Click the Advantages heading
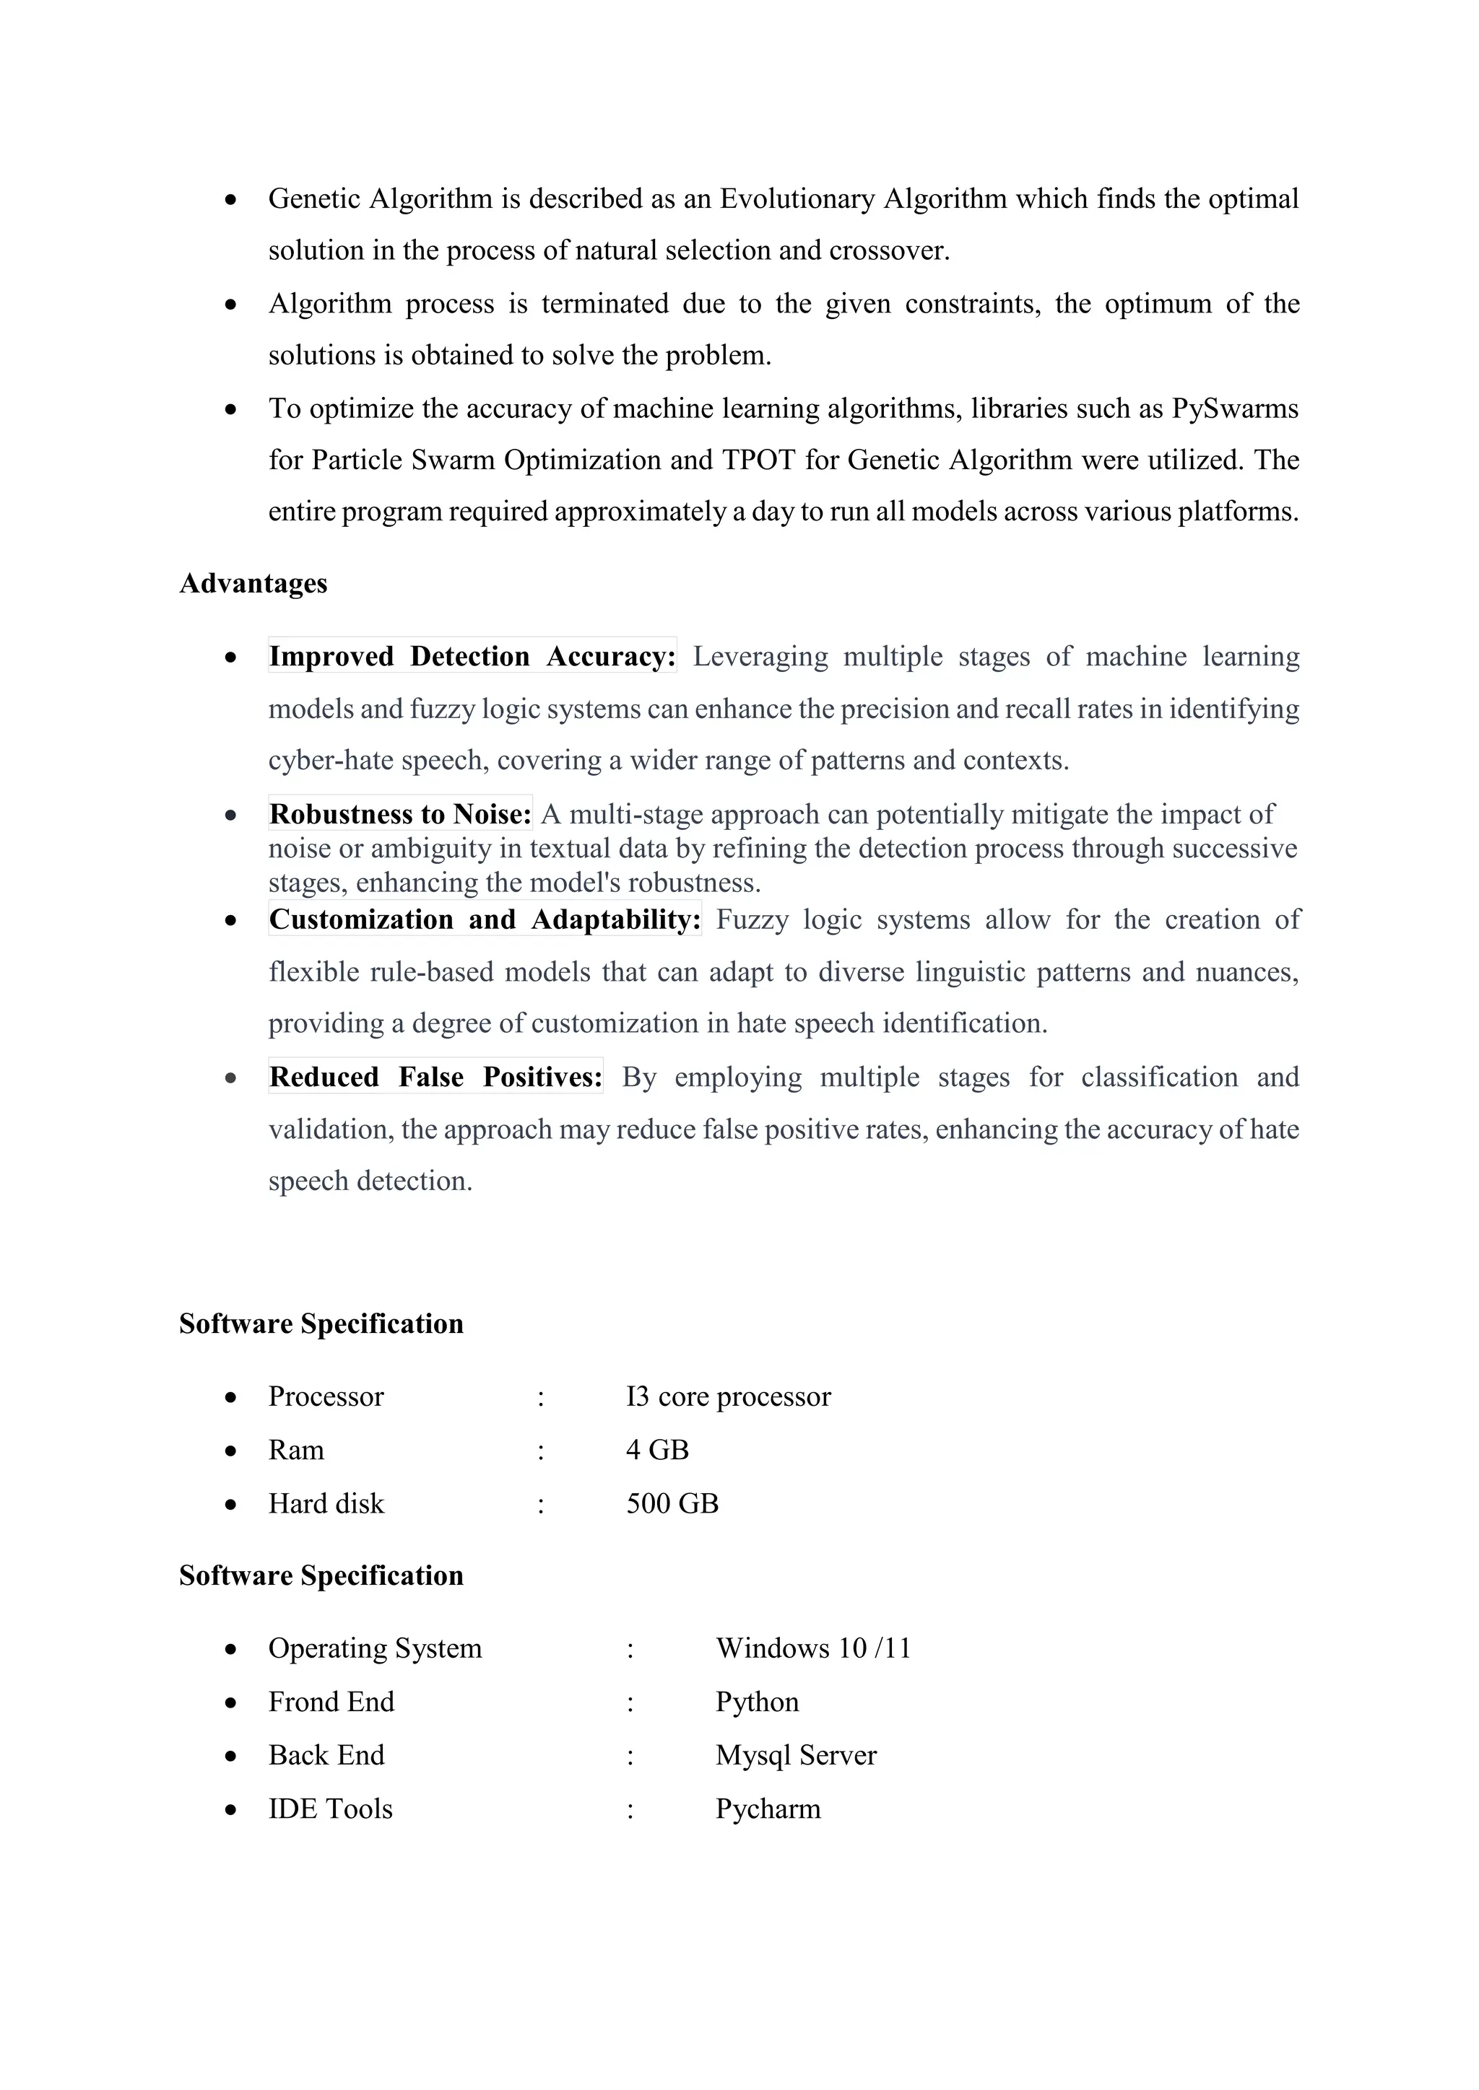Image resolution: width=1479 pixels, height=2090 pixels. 253,584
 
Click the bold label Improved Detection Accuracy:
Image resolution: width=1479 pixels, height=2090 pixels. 472,656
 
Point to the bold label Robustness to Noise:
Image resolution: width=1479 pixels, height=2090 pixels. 400,814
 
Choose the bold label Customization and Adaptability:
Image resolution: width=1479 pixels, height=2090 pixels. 485,919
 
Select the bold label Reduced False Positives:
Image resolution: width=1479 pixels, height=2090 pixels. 435,1077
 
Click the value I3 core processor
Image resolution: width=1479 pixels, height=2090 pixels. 728,1396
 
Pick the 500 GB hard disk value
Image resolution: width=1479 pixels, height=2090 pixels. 672,1504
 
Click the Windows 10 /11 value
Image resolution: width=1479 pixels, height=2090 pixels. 812,1648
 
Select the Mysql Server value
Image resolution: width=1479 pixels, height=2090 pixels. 795,1755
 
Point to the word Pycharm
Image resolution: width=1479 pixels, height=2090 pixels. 767,1809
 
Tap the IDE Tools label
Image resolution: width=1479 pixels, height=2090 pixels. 330,1809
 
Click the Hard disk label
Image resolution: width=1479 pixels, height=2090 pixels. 326,1504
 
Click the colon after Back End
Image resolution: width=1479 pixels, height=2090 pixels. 629,1756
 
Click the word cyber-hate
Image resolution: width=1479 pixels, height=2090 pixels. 331,761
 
